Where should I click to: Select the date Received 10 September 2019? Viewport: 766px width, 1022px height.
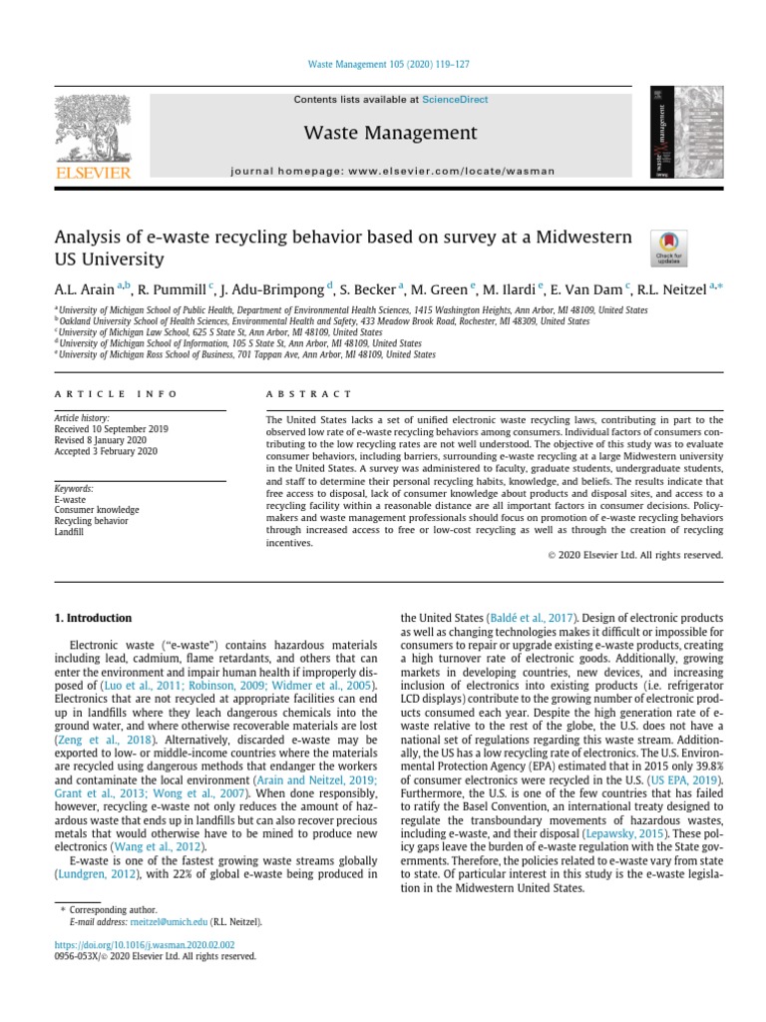click(x=111, y=428)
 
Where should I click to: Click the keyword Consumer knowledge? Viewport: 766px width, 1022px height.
click(x=97, y=510)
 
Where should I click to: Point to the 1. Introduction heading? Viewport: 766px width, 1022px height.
click(x=93, y=620)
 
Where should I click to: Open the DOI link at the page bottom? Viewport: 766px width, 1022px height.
click(x=145, y=943)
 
